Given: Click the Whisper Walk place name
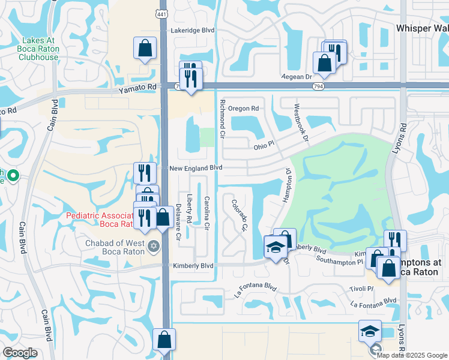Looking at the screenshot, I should click(422, 28).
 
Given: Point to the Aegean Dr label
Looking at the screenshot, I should click(298, 77).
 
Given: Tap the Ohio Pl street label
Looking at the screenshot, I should click(263, 144).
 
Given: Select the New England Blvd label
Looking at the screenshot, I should click(196, 169).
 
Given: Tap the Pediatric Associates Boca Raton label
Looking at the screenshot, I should click(100, 219).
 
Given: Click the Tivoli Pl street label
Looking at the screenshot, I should click(361, 289).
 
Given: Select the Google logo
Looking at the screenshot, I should click(20, 353).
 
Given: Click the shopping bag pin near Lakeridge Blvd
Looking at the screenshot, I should click(145, 49).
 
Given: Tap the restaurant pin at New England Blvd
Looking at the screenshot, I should click(144, 173).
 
